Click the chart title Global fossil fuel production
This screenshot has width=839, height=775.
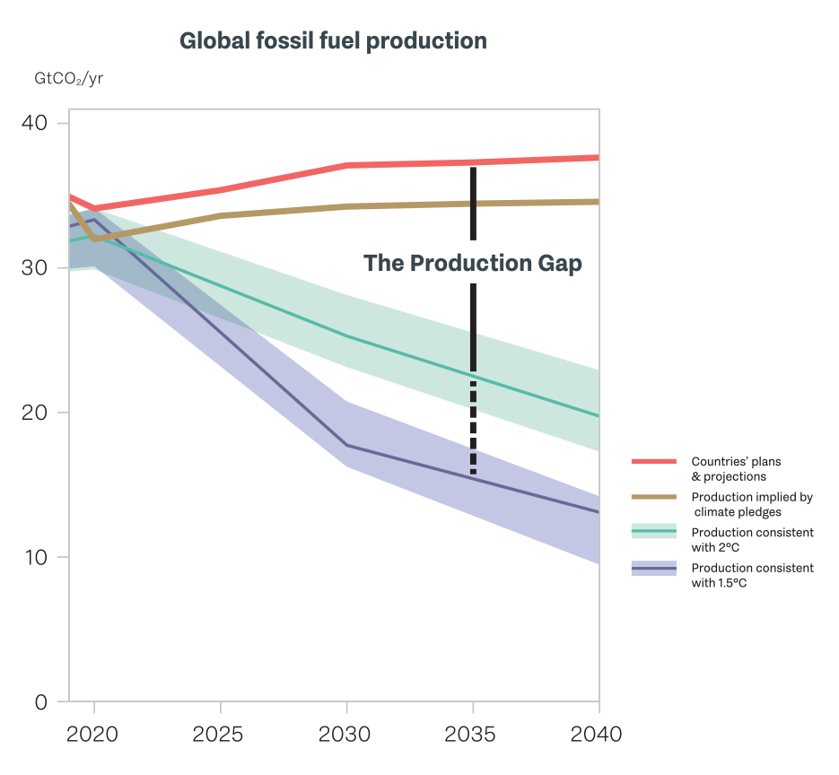click(333, 41)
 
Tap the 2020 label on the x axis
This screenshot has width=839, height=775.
click(93, 735)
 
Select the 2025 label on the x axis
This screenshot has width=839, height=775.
click(219, 735)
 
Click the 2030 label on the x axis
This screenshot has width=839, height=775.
click(345, 735)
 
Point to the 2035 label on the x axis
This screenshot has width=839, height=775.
click(472, 735)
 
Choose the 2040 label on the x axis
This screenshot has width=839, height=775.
click(596, 735)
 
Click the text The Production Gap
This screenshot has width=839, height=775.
click(473, 264)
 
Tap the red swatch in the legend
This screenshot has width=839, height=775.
click(653, 461)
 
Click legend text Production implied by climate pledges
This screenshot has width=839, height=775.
click(751, 504)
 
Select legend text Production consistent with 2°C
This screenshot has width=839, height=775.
click(752, 539)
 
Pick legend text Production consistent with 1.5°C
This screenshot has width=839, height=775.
click(752, 575)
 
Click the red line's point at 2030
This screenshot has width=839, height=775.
click(346, 165)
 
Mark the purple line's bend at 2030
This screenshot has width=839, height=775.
click(346, 445)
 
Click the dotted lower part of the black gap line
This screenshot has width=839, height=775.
click(473, 426)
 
